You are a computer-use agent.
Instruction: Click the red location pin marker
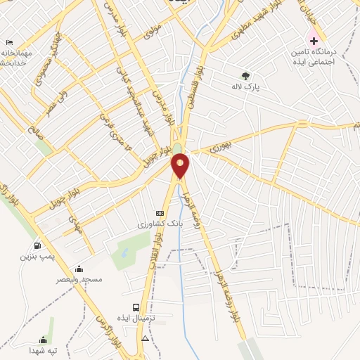click(181, 165)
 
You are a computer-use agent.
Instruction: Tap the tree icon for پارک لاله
click(245, 76)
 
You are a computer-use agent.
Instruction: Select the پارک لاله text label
click(242, 87)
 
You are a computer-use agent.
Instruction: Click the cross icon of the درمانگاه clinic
click(314, 41)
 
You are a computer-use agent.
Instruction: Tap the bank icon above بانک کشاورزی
click(160, 212)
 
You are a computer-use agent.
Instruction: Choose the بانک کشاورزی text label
click(160, 223)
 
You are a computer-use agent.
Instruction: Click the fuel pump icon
click(37, 246)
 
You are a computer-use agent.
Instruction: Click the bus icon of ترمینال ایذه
click(136, 307)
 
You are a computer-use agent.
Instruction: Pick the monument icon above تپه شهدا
click(43, 340)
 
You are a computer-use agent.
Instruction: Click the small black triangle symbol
click(145, 338)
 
